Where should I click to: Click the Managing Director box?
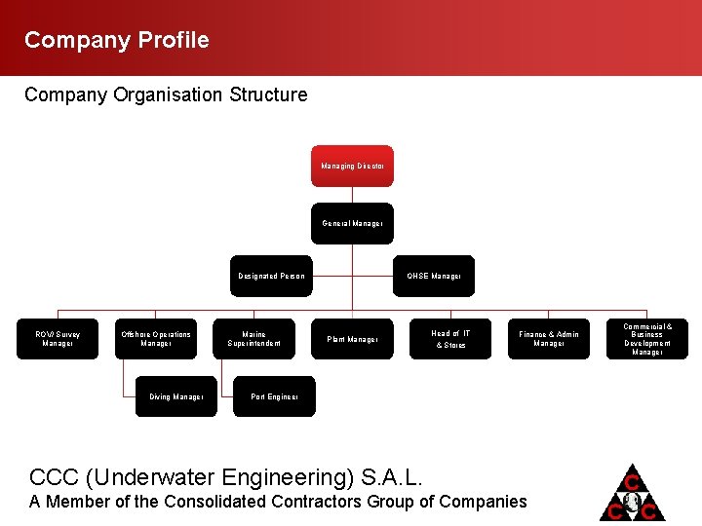[x=352, y=166]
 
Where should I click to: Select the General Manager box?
[x=352, y=223]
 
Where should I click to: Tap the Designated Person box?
[x=271, y=276]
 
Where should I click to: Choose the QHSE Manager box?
[x=434, y=276]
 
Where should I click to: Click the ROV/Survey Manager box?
[x=58, y=338]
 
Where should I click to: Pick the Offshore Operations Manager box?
[x=156, y=338]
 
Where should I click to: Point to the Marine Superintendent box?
[x=253, y=338]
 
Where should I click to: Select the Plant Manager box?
[x=352, y=339]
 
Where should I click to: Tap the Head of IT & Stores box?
[x=450, y=338]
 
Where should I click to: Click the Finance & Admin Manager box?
[x=549, y=338]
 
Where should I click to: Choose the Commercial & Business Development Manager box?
[x=647, y=339]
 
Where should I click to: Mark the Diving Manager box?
[x=175, y=396]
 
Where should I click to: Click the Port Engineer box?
[x=274, y=396]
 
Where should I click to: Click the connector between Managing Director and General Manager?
[x=352, y=195]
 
